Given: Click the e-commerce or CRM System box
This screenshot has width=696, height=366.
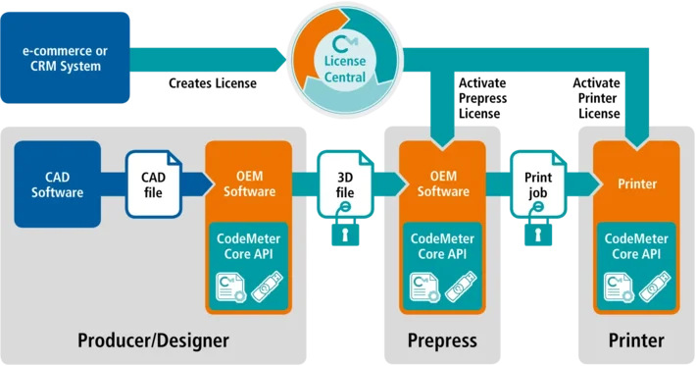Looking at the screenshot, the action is (66, 58).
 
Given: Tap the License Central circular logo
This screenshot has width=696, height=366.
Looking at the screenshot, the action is (345, 61).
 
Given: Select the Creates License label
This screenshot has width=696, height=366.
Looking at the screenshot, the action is (213, 83).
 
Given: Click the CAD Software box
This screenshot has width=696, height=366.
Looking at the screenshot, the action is (58, 184).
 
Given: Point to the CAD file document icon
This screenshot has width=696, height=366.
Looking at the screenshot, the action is (154, 184).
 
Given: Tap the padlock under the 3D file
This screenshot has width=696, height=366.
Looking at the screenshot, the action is (345, 228).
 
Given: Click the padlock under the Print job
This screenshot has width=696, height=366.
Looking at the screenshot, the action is (538, 228).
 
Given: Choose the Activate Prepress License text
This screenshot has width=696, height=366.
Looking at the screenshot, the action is (482, 98).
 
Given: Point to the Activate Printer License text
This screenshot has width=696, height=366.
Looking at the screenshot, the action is (597, 98).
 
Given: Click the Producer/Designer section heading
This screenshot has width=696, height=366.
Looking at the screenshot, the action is (154, 340).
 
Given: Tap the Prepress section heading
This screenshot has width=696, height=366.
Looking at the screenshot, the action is (442, 340).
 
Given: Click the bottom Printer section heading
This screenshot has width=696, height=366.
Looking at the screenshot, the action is (636, 340).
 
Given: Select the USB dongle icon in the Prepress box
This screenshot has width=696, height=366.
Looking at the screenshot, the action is (461, 287).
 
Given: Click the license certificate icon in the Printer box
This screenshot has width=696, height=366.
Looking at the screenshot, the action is (619, 288).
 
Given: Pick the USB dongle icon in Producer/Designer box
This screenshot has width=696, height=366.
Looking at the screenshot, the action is (268, 287).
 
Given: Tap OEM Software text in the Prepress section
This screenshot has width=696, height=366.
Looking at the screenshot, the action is (443, 183).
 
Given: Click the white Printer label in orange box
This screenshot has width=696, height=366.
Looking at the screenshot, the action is (637, 183).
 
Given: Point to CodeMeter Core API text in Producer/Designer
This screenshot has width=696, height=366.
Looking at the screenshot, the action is (249, 246).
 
